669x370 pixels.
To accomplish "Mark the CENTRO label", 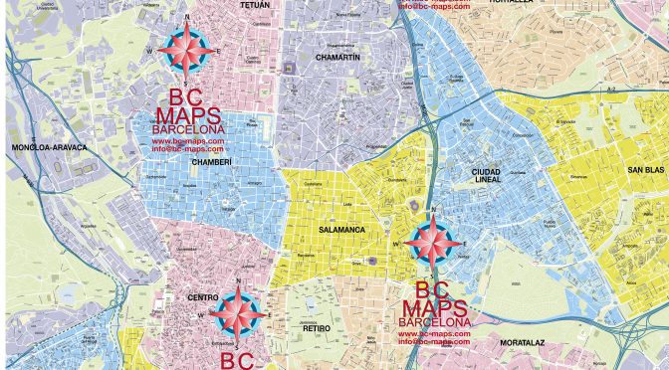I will pyautogui.click(x=203, y=297).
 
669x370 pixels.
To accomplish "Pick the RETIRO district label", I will pyautogui.click(x=316, y=327).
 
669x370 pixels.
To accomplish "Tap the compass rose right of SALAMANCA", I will pyautogui.click(x=433, y=241).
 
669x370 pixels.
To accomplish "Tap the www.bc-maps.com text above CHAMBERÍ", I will pyautogui.click(x=188, y=141).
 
